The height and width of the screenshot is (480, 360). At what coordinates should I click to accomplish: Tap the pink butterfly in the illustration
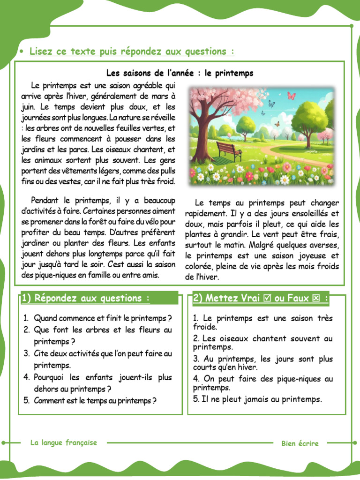[291, 96]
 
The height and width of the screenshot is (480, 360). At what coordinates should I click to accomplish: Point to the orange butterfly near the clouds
[277, 124]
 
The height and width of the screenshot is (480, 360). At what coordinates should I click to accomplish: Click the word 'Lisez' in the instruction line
[41, 52]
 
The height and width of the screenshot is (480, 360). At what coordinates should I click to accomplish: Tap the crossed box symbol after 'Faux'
[315, 298]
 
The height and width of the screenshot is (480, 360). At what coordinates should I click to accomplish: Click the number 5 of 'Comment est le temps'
[26, 400]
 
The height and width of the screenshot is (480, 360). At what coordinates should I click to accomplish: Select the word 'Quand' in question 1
[45, 318]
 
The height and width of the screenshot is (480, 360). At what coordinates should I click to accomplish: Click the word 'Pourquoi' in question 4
[51, 377]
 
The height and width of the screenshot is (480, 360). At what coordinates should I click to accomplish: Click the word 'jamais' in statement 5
[252, 399]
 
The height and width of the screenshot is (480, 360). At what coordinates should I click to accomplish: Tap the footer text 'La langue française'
[63, 442]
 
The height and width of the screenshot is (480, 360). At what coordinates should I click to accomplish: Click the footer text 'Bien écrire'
[300, 443]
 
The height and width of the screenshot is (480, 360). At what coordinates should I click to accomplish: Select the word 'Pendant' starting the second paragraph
[46, 200]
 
